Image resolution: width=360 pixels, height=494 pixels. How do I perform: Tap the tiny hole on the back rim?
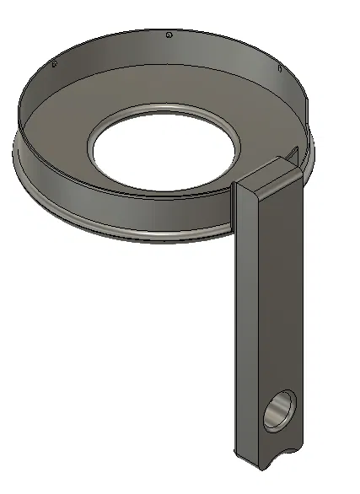click(x=169, y=35)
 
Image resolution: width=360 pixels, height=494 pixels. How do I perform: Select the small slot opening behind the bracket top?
click(x=291, y=153)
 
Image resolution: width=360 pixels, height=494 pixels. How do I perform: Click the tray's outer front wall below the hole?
click(x=143, y=215)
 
